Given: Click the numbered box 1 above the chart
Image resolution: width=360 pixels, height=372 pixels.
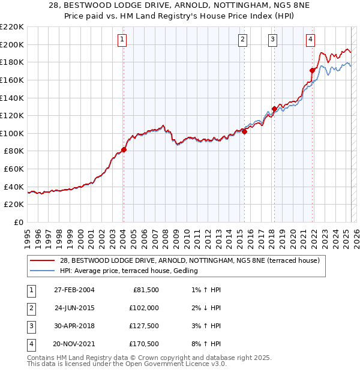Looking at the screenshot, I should pyautogui.click(x=122, y=40).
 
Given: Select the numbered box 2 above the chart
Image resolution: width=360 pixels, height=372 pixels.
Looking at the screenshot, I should pyautogui.click(x=242, y=40).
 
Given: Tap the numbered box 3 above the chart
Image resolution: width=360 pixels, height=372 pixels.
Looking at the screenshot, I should pyautogui.click(x=272, y=40).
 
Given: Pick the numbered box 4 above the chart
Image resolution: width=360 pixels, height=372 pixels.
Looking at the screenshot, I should pyautogui.click(x=310, y=40).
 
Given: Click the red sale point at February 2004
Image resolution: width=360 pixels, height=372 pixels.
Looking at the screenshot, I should pyautogui.click(x=124, y=149).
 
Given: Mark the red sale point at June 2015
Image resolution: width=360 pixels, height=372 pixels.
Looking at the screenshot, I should pyautogui.click(x=244, y=131).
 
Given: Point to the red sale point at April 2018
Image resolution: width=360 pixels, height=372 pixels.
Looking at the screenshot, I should pyautogui.click(x=274, y=109).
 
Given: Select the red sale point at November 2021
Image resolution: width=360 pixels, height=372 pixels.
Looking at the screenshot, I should pyautogui.click(x=312, y=70).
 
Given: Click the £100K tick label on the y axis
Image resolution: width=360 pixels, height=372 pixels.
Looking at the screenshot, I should pyautogui.click(x=12, y=133).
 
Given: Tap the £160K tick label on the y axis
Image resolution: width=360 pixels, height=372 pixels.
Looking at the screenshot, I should pyautogui.click(x=12, y=80).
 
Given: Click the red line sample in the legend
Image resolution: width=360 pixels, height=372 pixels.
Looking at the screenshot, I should pyautogui.click(x=43, y=261).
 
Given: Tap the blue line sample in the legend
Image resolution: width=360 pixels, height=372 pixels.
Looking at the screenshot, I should pyautogui.click(x=43, y=271).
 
